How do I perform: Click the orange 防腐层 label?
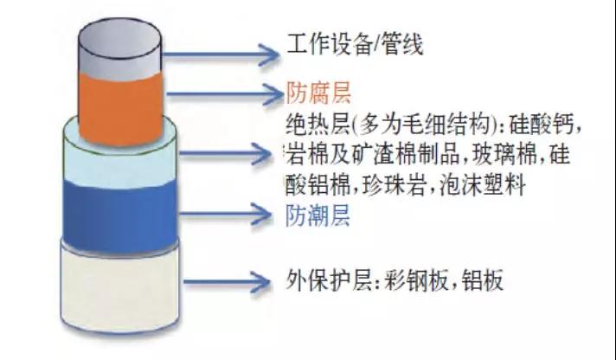pyautogui.click(x=318, y=93)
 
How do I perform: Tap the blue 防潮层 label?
pyautogui.click(x=318, y=215)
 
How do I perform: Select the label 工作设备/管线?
pyautogui.click(x=355, y=43)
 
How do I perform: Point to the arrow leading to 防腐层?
pyautogui.click(x=225, y=94)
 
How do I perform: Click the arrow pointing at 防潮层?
pyautogui.click(x=225, y=215)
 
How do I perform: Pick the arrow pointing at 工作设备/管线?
pyautogui.click(x=221, y=55)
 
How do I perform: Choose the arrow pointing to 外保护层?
pyautogui.click(x=227, y=282)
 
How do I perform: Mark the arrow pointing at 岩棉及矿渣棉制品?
pyautogui.click(x=225, y=153)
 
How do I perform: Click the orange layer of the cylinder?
pyautogui.click(x=120, y=106)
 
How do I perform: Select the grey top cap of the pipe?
pyautogui.click(x=119, y=47)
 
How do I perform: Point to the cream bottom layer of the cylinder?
pyautogui.click(x=119, y=287)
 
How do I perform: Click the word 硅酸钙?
pyautogui.click(x=542, y=125)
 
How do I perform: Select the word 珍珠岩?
pyautogui.click(x=394, y=184)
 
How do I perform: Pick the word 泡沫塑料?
pyautogui.click(x=483, y=184)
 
